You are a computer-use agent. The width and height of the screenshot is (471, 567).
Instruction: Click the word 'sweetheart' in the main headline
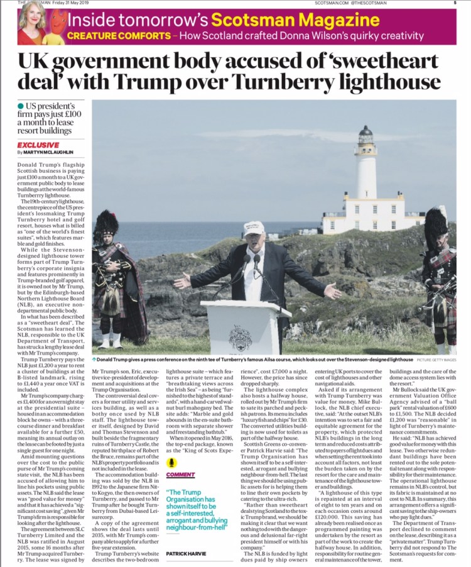[x=386, y=63]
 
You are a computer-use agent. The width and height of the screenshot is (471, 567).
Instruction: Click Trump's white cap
[x=254, y=228]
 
